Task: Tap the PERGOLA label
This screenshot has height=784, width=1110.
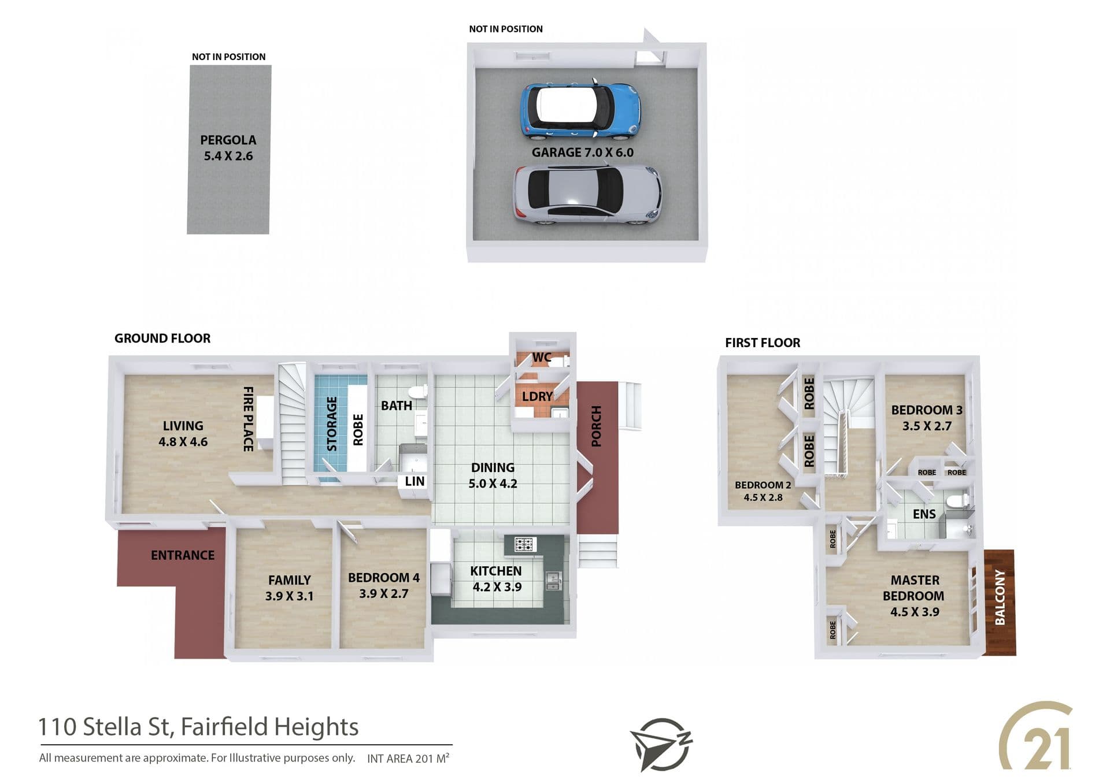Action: click(228, 140)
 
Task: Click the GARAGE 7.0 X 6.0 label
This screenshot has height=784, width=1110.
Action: click(582, 153)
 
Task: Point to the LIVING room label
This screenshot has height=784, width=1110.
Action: click(183, 426)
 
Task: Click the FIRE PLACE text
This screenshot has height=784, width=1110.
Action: click(248, 419)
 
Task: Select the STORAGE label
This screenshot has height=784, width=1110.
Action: click(332, 423)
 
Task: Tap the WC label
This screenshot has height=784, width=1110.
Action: click(542, 358)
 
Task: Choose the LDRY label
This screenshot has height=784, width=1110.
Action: click(537, 396)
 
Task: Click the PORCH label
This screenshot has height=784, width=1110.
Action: click(597, 426)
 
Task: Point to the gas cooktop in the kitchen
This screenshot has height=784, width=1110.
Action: click(525, 544)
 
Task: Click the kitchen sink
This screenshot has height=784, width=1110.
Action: click(553, 580)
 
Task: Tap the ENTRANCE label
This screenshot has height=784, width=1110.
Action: click(183, 555)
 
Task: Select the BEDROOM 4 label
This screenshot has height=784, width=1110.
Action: click(384, 578)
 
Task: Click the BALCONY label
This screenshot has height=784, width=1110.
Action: click(1000, 597)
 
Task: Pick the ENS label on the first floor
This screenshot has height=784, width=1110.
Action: click(924, 514)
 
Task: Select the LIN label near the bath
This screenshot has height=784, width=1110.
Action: click(415, 481)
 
